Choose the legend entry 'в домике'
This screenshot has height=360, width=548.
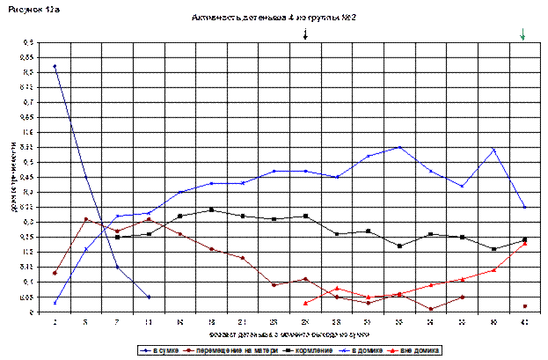tap(369, 350)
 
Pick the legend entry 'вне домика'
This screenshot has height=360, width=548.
tap(420, 350)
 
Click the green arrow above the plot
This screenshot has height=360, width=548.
tap(523, 34)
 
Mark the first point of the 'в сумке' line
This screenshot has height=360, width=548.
tap(55, 66)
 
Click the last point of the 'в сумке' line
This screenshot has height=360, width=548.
tap(149, 298)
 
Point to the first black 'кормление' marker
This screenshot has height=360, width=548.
tap(117, 238)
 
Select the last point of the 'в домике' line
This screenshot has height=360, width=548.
tap(524, 207)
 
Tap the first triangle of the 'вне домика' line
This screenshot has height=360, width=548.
tap(305, 303)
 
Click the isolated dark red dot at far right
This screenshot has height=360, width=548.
tap(524, 306)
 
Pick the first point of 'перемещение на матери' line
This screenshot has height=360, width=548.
tap(55, 273)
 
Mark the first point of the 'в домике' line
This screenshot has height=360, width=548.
tap(55, 303)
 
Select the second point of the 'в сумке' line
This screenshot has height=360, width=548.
tap(86, 178)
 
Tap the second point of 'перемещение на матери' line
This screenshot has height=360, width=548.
tap(86, 219)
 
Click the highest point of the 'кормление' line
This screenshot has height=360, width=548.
tap(211, 209)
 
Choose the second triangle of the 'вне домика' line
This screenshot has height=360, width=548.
tap(337, 288)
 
